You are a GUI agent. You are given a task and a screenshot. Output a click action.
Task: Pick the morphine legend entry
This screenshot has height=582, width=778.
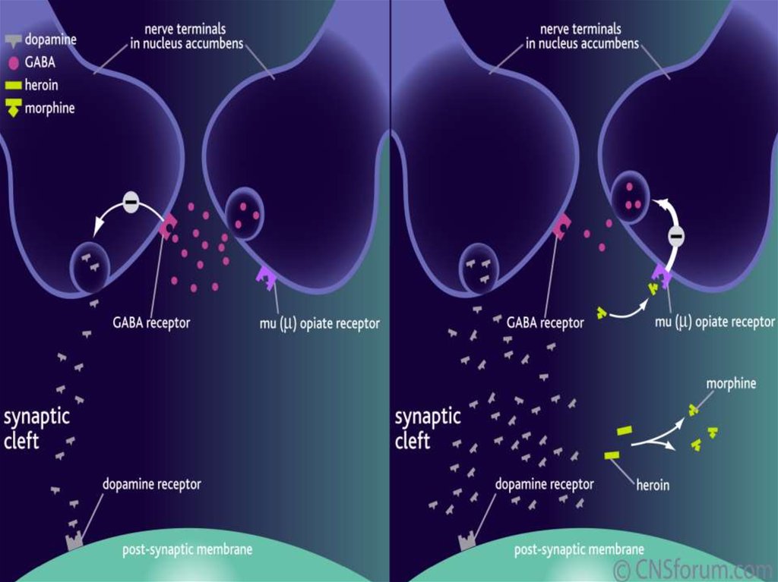click(x=44, y=108)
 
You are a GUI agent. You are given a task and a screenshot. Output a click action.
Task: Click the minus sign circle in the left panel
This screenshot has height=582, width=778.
click(x=131, y=203)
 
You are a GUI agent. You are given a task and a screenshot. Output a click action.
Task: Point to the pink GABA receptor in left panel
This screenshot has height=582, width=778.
click(x=167, y=226)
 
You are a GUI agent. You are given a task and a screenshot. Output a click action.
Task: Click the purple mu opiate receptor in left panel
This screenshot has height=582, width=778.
click(x=267, y=278)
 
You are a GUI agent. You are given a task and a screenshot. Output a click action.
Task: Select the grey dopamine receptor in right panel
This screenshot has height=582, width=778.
click(x=466, y=541)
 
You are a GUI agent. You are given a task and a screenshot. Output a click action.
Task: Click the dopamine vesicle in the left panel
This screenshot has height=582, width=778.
click(x=90, y=266)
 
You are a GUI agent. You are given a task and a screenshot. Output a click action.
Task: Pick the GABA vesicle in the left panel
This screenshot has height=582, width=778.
click(x=245, y=214)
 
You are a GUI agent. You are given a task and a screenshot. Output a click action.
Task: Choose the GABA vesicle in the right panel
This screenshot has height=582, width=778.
click(x=630, y=197)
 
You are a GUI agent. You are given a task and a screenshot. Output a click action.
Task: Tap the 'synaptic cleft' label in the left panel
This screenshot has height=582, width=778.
click(x=36, y=428)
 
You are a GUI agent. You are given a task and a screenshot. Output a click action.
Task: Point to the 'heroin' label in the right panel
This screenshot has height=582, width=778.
click(x=652, y=483)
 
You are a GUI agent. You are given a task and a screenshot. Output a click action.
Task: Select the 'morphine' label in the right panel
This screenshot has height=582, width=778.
click(x=731, y=383)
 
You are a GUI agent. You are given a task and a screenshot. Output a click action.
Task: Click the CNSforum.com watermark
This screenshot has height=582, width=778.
click(x=693, y=568)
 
